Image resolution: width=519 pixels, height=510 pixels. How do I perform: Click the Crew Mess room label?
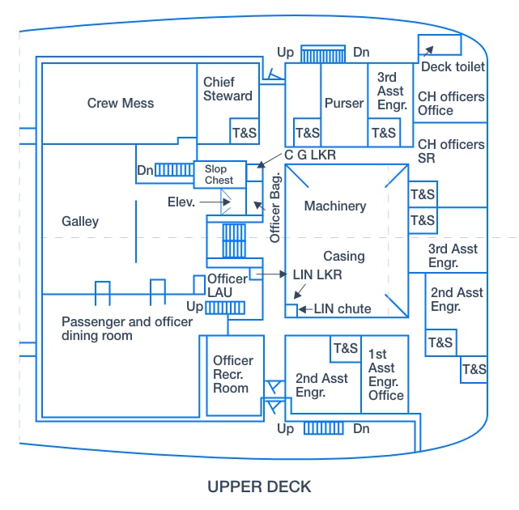pyautogui.click(x=121, y=103)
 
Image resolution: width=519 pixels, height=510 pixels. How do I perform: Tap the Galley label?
pyautogui.click(x=80, y=221)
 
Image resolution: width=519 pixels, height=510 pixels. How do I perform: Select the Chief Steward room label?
pyautogui.click(x=228, y=89)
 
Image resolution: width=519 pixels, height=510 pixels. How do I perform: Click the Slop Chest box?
pyautogui.click(x=219, y=174)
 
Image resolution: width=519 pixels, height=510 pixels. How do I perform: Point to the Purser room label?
pyautogui.click(x=344, y=103)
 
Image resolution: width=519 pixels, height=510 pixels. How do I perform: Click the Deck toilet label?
pyautogui.click(x=453, y=67)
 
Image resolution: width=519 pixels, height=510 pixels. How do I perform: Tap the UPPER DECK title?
pyautogui.click(x=259, y=487)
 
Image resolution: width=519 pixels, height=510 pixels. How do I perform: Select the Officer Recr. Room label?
pyautogui.click(x=232, y=374)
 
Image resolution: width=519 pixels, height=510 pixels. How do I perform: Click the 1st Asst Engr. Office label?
pyautogui.click(x=385, y=375)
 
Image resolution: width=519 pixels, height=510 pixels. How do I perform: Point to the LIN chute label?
pyautogui.click(x=342, y=308)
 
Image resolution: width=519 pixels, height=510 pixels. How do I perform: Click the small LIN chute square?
pyautogui.click(x=291, y=310)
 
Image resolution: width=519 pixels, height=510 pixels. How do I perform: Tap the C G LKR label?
pyautogui.click(x=309, y=155)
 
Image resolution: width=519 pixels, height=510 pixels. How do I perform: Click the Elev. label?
pyautogui.click(x=181, y=201)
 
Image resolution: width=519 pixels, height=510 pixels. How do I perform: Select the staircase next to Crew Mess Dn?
pyautogui.click(x=174, y=170)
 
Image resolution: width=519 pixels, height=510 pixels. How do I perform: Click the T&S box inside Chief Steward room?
pyautogui.click(x=242, y=132)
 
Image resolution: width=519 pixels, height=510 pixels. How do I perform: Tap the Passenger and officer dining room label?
pyautogui.click(x=127, y=329)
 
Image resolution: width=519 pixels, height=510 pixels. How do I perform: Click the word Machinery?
pyautogui.click(x=334, y=206)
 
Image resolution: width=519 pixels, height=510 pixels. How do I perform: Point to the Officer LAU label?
pyautogui.click(x=227, y=285)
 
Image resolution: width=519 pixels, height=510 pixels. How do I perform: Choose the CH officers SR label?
pyautogui.click(x=451, y=151)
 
